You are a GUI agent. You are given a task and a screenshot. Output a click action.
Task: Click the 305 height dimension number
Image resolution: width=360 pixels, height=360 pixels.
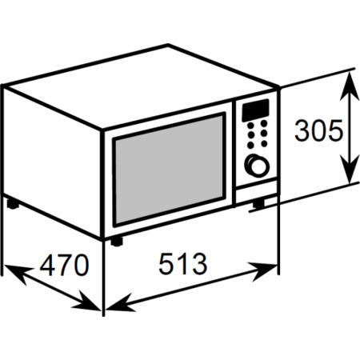(x=318, y=130)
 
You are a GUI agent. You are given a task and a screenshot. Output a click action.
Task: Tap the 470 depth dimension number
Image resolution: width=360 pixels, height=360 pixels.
(x=64, y=265)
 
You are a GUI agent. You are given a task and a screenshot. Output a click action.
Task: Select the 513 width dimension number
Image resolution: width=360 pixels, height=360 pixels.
(x=182, y=264)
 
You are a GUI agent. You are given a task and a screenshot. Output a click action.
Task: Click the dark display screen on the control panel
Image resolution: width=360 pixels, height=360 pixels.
(x=255, y=110)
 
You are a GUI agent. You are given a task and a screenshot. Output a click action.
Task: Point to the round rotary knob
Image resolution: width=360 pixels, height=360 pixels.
(x=257, y=166)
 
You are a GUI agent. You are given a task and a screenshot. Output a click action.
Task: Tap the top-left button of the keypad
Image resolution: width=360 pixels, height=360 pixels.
(x=250, y=126)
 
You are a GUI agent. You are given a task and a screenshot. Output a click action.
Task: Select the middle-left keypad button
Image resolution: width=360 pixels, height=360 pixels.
(x=250, y=135)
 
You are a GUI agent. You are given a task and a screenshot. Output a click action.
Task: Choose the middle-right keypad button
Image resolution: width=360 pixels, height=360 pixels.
(x=264, y=133)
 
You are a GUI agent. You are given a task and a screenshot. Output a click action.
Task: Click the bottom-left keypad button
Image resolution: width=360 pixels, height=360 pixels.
(x=250, y=145)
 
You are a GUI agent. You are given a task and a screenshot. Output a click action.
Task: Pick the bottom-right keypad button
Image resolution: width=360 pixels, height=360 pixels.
(x=264, y=143)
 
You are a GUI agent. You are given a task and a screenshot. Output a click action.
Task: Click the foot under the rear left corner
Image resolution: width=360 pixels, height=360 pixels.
(x=13, y=204)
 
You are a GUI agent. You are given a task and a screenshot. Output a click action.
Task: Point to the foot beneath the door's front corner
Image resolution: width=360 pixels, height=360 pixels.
(x=117, y=242)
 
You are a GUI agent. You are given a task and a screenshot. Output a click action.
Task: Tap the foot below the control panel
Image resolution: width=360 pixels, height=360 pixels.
(x=258, y=204)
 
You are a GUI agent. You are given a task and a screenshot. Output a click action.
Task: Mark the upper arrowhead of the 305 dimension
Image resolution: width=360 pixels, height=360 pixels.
(x=349, y=86)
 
